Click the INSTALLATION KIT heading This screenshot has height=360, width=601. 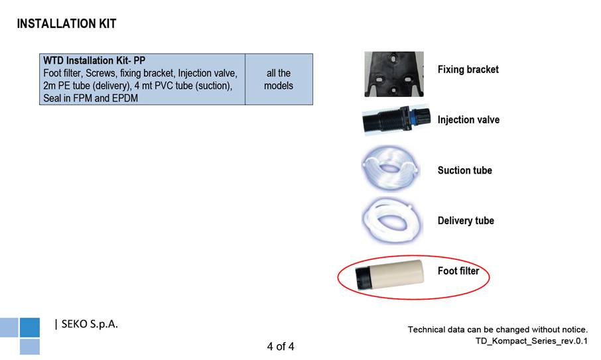[x=66, y=24]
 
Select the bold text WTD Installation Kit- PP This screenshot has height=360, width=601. [x=94, y=60]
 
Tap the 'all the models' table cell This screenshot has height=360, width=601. [x=279, y=80]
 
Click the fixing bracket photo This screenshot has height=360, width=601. [x=394, y=74]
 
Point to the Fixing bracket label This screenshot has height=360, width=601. [x=468, y=70]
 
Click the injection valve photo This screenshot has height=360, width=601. [x=396, y=119]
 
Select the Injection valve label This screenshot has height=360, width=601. [x=468, y=120]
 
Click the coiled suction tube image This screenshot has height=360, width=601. [x=391, y=168]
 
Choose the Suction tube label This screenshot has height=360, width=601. [x=464, y=170]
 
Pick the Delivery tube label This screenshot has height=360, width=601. [x=466, y=221]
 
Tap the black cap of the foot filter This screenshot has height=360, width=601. [x=362, y=278]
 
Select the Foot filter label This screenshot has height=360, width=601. [x=458, y=271]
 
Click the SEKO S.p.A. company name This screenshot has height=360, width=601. [x=90, y=324]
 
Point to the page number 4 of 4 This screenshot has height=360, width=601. [x=281, y=347]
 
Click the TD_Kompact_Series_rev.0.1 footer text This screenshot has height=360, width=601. [x=531, y=341]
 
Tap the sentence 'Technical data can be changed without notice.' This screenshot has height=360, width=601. [x=498, y=330]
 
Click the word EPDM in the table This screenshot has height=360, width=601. [x=125, y=98]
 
